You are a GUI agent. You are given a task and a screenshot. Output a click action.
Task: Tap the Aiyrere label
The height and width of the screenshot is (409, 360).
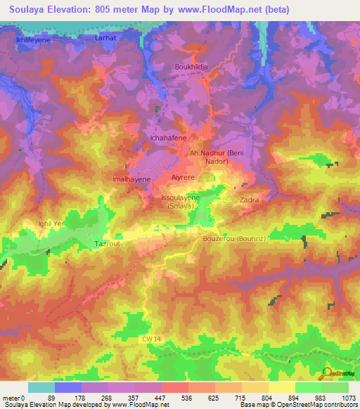[x=182, y=178]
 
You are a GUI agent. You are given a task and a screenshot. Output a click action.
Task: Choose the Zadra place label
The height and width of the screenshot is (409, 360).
[x=250, y=200]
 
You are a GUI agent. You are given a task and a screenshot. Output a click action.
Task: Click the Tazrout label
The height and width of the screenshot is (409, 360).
[x=108, y=243]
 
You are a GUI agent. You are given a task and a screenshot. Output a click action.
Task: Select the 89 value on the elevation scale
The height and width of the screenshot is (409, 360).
[x=51, y=398]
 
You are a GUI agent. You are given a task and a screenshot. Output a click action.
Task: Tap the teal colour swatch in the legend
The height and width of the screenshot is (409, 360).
[x=41, y=387]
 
